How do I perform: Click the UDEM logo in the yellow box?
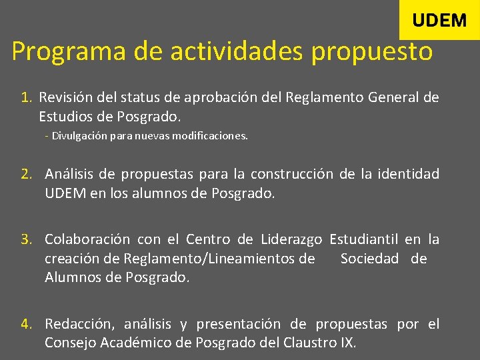(439, 20)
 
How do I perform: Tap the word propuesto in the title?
(372, 51)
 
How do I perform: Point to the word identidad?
(408, 175)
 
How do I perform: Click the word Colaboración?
(87, 239)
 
